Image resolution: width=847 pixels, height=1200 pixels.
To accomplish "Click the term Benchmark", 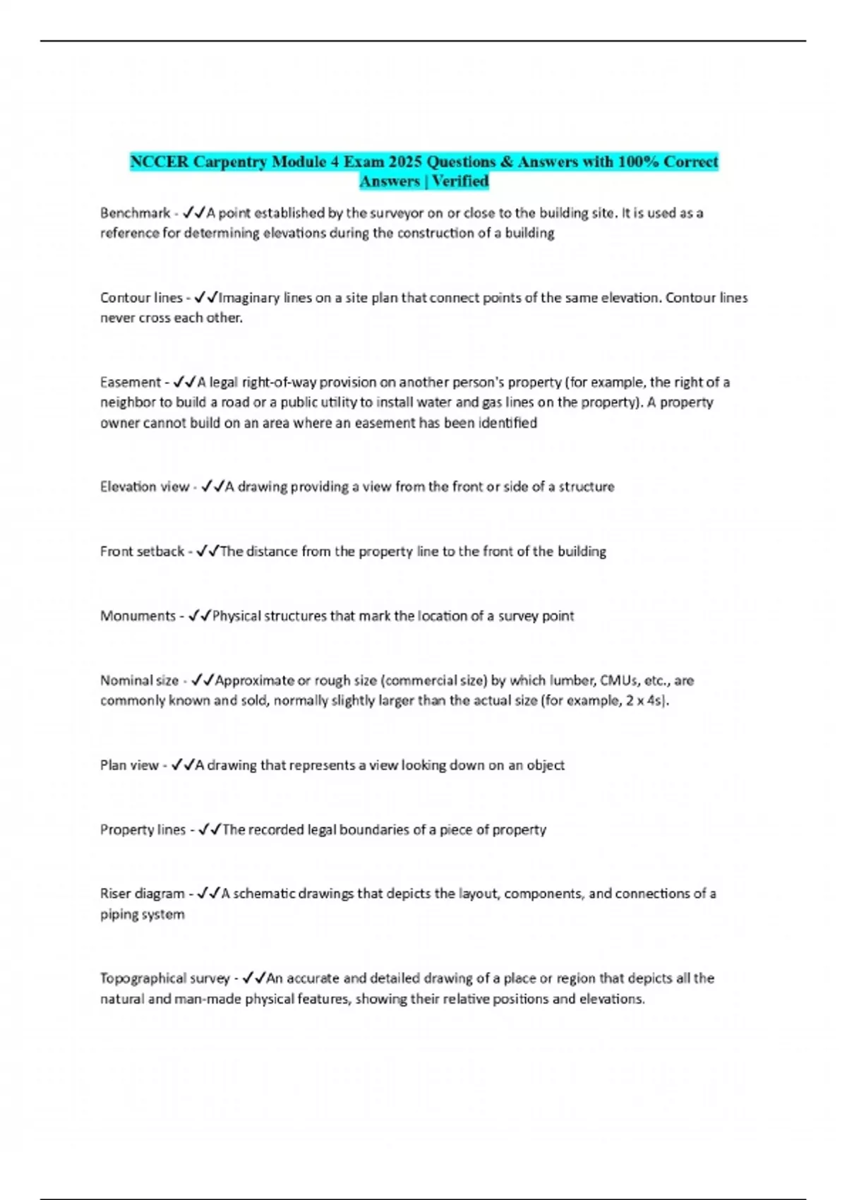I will tap(135, 212).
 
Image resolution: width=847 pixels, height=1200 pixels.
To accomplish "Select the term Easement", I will tap(131, 382).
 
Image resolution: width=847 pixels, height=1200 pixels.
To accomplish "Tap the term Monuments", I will tap(138, 616).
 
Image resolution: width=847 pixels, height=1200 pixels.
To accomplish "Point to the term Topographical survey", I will tap(164, 978).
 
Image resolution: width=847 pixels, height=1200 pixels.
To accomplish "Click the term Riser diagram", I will tap(142, 894).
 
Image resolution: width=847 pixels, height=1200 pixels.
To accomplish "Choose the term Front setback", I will tap(142, 551).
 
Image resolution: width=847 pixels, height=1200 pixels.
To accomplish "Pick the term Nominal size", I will tap(139, 680).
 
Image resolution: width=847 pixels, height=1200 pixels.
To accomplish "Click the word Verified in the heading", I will tap(460, 181).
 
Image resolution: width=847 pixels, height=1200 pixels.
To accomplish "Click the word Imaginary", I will tap(249, 298).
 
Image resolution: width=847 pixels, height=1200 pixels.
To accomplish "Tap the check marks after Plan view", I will tap(182, 765).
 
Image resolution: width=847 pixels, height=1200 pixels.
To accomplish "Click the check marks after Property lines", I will tap(210, 829).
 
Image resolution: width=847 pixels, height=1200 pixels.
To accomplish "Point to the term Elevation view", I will tap(145, 486).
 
